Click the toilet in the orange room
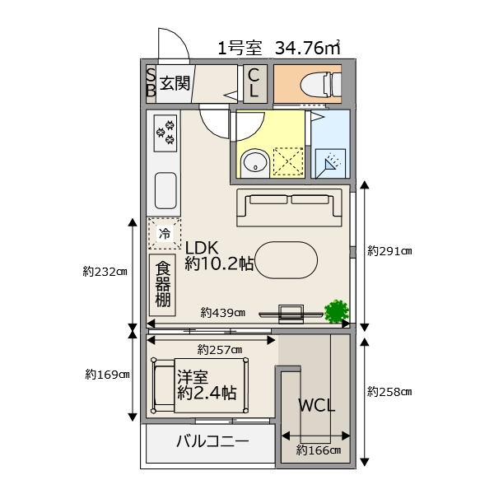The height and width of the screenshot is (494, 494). (321, 85)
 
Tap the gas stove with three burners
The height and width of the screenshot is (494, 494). (165, 133)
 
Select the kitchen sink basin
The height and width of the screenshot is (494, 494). (165, 191)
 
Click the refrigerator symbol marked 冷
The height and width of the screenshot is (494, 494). (165, 234)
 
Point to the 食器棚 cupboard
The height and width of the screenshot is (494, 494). (162, 285)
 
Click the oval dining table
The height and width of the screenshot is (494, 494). (286, 260)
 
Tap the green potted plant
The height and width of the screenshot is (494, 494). (337, 311)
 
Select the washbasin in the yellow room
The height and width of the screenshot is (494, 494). (254, 163)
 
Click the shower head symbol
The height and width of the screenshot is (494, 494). (331, 164)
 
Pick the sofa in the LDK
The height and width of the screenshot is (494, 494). (289, 207)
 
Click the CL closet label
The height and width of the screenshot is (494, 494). (254, 83)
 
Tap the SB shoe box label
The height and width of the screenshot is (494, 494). (151, 83)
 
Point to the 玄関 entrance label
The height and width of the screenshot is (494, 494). (175, 83)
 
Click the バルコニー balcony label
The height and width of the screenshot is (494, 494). (212, 441)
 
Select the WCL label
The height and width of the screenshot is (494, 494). (316, 406)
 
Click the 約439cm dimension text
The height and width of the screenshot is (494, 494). (223, 313)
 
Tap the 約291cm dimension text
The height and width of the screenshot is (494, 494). (389, 251)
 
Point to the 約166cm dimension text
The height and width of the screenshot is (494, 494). (318, 450)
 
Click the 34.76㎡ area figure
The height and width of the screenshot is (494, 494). (307, 48)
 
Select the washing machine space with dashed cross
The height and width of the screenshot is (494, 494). (288, 161)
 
